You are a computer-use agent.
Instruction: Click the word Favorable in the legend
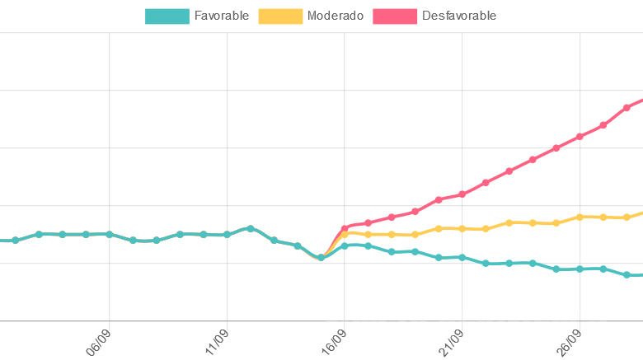click(221, 16)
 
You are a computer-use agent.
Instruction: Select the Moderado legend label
click(334, 16)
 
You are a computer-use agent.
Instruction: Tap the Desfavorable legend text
click(458, 16)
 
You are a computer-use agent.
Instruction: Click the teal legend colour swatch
click(167, 16)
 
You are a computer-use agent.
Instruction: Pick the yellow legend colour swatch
click(279, 16)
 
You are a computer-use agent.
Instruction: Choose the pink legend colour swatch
click(394, 16)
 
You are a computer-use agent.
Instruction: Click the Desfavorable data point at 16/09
click(345, 227)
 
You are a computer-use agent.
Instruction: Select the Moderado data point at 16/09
click(345, 233)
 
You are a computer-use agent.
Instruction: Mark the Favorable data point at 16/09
click(345, 245)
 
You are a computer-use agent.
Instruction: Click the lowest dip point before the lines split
click(321, 258)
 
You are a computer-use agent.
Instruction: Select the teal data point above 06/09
click(109, 234)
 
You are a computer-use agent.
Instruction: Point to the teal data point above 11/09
click(227, 234)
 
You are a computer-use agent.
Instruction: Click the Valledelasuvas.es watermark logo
click(464, 316)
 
